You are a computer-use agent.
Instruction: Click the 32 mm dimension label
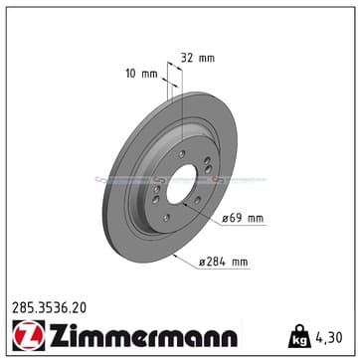pos(198,59)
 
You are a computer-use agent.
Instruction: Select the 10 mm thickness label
pos(141,74)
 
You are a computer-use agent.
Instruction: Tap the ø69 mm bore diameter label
pos(243,219)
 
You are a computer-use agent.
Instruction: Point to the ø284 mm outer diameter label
pos(224,263)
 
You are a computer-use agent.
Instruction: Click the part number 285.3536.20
pos(50,308)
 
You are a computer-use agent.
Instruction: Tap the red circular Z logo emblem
pos(29,335)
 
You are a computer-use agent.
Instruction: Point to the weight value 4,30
pos(328,337)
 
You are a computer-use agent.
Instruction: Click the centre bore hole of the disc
pos(181,184)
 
